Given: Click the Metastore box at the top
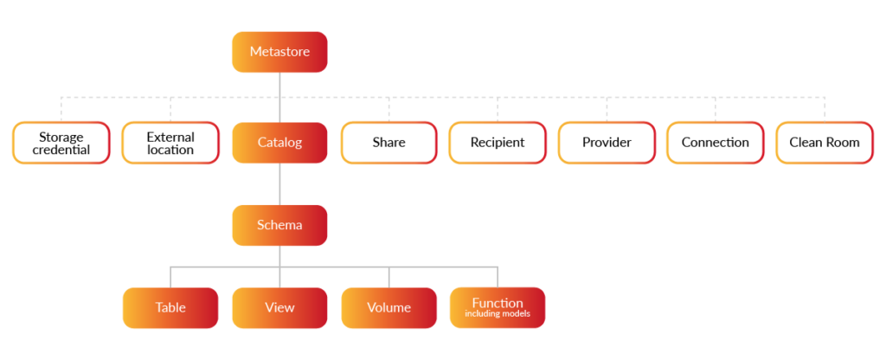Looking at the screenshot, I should (279, 52).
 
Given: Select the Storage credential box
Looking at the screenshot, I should (61, 143).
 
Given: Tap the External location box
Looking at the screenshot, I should (170, 143).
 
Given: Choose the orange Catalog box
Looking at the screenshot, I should (279, 143).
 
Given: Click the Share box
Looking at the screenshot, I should (388, 143).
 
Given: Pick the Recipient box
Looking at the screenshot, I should (498, 143).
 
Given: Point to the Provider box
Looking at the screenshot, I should (607, 143).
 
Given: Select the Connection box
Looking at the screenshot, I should (716, 143).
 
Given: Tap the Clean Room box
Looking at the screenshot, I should (825, 143).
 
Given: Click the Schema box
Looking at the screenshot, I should (279, 225).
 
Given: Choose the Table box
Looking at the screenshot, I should (170, 307).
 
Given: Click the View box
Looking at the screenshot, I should (279, 307).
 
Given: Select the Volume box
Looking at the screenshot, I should (388, 307).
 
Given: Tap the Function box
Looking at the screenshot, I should (498, 303).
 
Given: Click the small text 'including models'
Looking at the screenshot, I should (498, 314).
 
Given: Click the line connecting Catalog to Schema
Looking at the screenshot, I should (279, 183).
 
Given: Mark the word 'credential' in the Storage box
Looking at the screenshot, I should (61, 150).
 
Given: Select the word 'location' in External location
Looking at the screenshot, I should (170, 150).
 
